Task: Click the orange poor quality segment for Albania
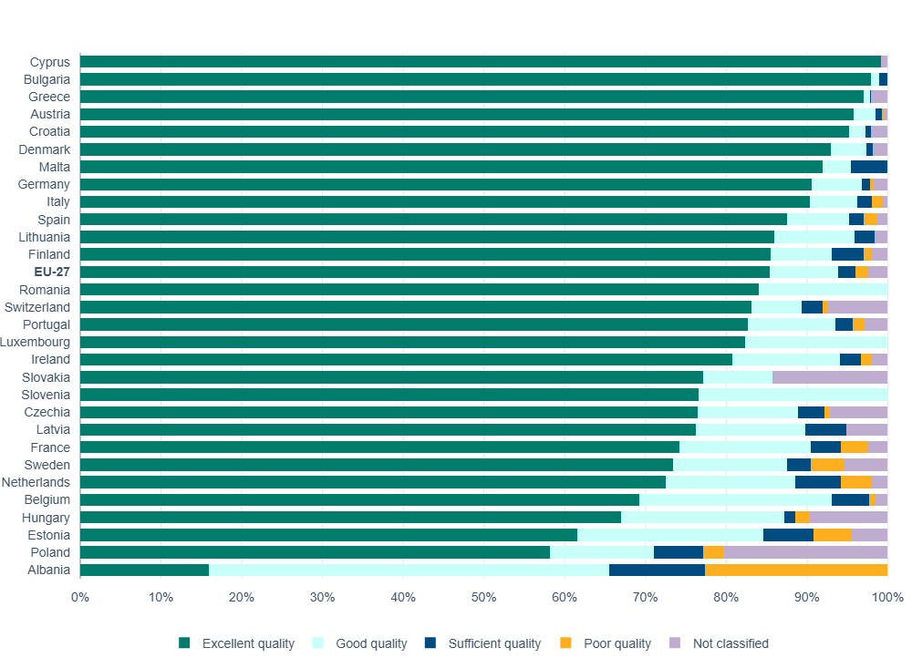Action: pos(796,571)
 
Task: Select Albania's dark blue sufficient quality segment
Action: pos(657,571)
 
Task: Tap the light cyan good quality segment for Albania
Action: pos(409,571)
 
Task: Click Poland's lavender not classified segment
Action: pos(805,552)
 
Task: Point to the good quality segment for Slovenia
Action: pos(793,395)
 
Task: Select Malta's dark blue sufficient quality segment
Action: pos(869,167)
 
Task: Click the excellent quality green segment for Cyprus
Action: pos(481,62)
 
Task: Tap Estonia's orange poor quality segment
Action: pos(832,535)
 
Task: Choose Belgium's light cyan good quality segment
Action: pos(735,500)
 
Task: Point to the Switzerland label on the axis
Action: pos(37,307)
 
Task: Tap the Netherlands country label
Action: pos(36,482)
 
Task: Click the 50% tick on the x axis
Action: pos(484,598)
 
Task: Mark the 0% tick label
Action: pos(80,598)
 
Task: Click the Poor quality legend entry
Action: pos(617,643)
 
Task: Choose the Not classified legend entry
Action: pos(730,643)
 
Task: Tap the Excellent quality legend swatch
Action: pos(185,643)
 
